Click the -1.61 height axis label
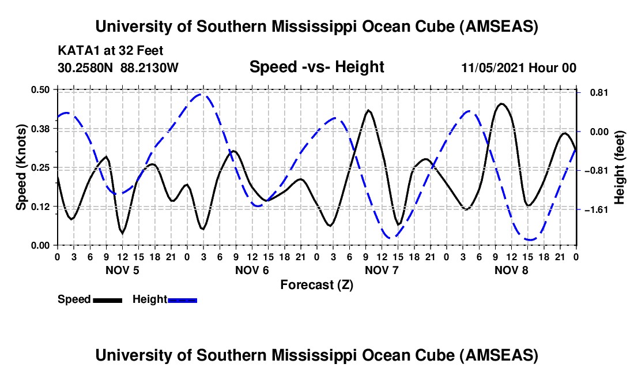click(596, 209)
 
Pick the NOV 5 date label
click(122, 270)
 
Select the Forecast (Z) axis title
click(316, 284)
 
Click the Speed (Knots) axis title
click(21, 167)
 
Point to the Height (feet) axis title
click(620, 167)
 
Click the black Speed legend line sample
click(108, 299)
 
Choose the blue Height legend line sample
click(183, 299)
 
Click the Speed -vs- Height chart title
click(316, 67)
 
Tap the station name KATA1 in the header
click(76, 50)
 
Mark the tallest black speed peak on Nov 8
click(502, 104)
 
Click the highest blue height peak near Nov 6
click(200, 94)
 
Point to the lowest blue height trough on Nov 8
click(530, 239)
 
